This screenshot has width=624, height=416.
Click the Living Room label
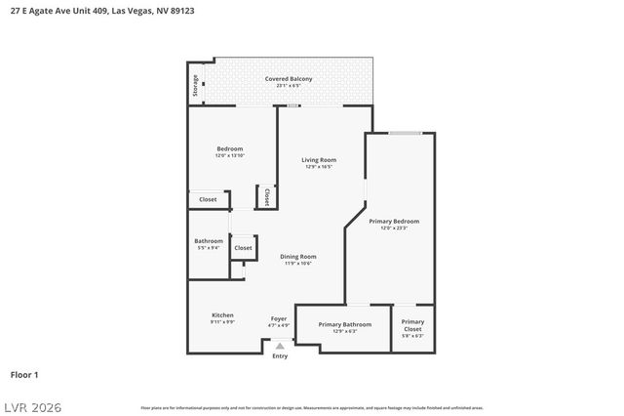tap(319, 159)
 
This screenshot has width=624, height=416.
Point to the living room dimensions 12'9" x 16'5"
tap(319, 167)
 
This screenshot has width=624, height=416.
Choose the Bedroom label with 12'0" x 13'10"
tap(229, 148)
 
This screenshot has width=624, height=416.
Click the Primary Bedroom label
tap(394, 221)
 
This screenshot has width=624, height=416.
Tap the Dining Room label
tap(298, 257)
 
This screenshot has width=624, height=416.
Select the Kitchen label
tap(222, 314)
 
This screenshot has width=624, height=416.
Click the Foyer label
tap(279, 318)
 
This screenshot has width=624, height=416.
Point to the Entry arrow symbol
tap(280, 346)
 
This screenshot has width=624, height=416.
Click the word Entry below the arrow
tap(280, 356)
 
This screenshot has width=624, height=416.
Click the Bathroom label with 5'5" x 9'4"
tap(209, 241)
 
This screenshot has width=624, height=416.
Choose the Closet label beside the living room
tap(264, 197)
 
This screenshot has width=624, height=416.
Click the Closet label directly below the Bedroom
tap(208, 199)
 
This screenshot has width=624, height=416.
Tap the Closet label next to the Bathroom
tap(243, 248)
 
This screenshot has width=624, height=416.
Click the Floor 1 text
tap(23, 374)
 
